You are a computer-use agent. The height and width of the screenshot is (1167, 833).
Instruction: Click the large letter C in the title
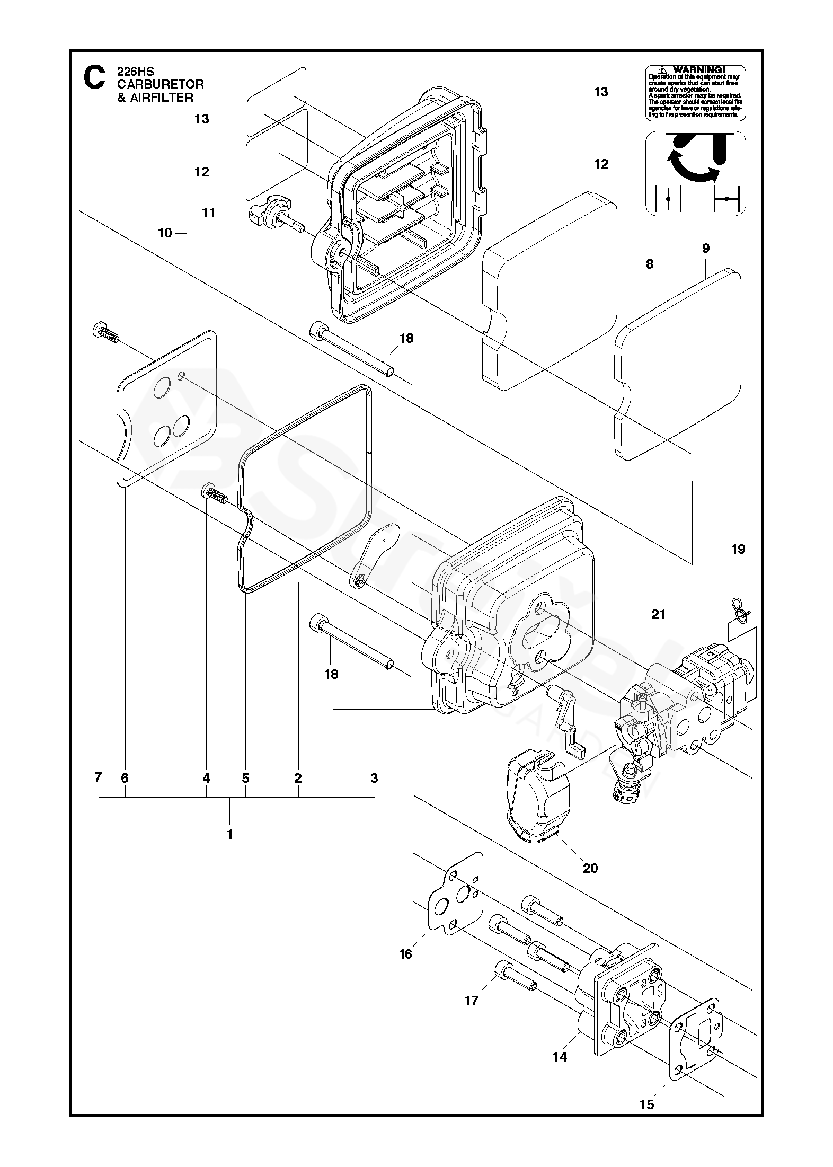(x=94, y=78)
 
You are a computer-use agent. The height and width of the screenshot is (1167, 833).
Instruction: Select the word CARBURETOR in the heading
(x=160, y=84)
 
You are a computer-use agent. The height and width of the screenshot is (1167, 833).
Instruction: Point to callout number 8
(x=650, y=264)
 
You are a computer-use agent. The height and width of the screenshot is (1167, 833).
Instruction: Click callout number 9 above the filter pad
(x=706, y=249)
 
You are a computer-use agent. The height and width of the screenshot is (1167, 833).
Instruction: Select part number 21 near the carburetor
(x=659, y=615)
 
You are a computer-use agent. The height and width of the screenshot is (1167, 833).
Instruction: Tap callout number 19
(x=738, y=550)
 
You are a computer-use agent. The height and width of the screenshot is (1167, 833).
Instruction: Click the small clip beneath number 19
(x=739, y=607)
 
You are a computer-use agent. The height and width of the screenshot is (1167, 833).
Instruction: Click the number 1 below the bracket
(x=230, y=834)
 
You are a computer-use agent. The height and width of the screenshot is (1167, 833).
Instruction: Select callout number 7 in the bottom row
(x=98, y=778)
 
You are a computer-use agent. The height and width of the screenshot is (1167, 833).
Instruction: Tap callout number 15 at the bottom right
(x=646, y=1130)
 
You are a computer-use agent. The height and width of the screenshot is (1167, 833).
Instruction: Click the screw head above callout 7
(x=99, y=330)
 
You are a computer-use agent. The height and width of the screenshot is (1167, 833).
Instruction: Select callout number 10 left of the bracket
(x=165, y=233)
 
